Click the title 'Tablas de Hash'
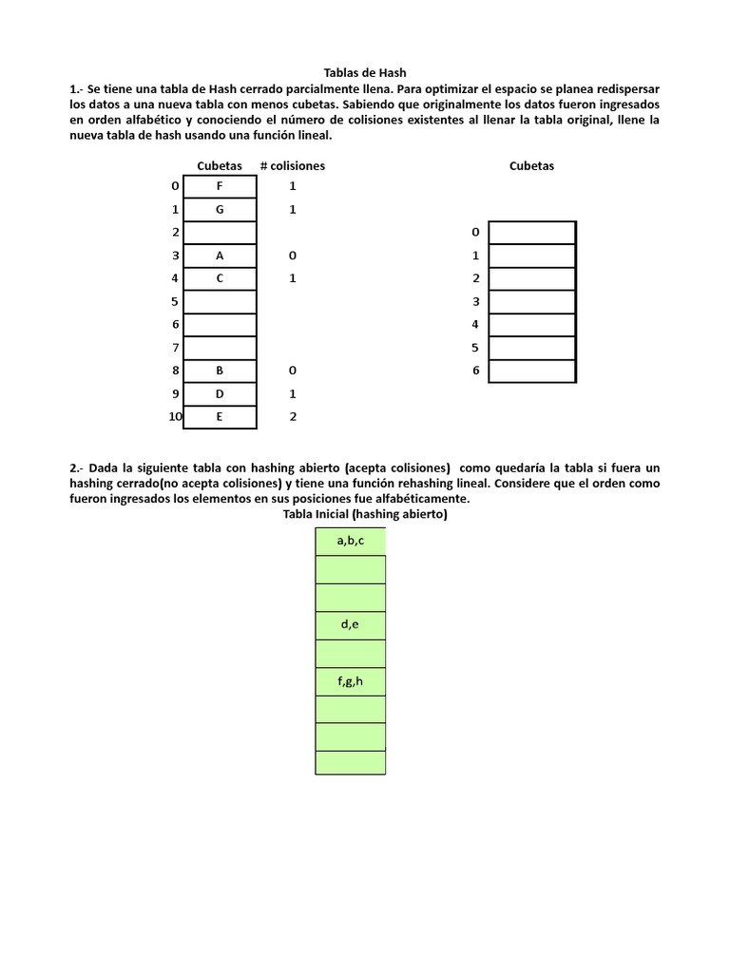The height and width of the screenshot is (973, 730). coord(365,72)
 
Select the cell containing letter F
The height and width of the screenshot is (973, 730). coord(220,187)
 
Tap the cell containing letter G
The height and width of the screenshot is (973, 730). coord(220,210)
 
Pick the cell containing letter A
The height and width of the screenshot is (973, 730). coord(220,256)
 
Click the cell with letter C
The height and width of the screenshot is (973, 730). coord(220,278)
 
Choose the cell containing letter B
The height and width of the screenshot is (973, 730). coord(220,371)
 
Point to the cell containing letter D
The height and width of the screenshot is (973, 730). coord(220,393)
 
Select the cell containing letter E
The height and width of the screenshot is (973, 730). coord(220,416)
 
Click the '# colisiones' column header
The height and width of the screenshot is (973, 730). coord(292,165)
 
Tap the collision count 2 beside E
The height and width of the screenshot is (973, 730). coord(293,416)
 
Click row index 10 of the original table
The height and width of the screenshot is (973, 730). coord(175,416)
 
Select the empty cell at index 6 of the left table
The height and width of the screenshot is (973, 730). coord(220,325)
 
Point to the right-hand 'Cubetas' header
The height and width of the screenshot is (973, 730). coord(531,165)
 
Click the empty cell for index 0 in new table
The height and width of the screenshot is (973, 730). coord(532,233)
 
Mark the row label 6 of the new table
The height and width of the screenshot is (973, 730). coord(475,371)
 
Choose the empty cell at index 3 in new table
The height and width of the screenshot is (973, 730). coord(532,302)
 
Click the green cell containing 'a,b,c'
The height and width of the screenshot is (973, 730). coord(351,541)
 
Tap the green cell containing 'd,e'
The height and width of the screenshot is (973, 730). coord(351,625)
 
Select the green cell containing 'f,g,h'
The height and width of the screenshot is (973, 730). coord(351,681)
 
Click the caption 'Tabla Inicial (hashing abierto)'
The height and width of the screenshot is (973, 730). coord(365,514)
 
